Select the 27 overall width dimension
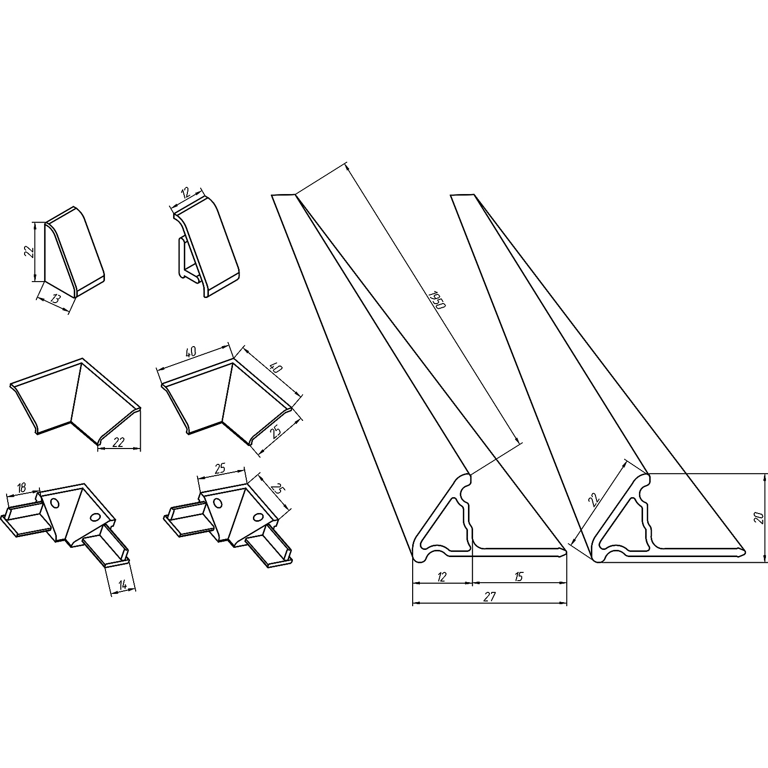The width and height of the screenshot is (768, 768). click(x=490, y=596)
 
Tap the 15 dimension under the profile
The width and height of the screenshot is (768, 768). click(x=518, y=577)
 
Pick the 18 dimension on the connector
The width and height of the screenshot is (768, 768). click(x=21, y=488)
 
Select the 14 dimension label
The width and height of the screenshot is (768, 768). click(x=122, y=584)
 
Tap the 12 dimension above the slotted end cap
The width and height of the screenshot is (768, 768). click(x=185, y=194)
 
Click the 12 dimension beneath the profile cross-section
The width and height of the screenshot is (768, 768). click(x=442, y=577)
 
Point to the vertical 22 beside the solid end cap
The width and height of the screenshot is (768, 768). click(x=29, y=251)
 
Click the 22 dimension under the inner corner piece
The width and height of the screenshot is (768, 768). click(x=118, y=442)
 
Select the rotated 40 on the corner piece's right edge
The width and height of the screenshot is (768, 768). click(x=276, y=368)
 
